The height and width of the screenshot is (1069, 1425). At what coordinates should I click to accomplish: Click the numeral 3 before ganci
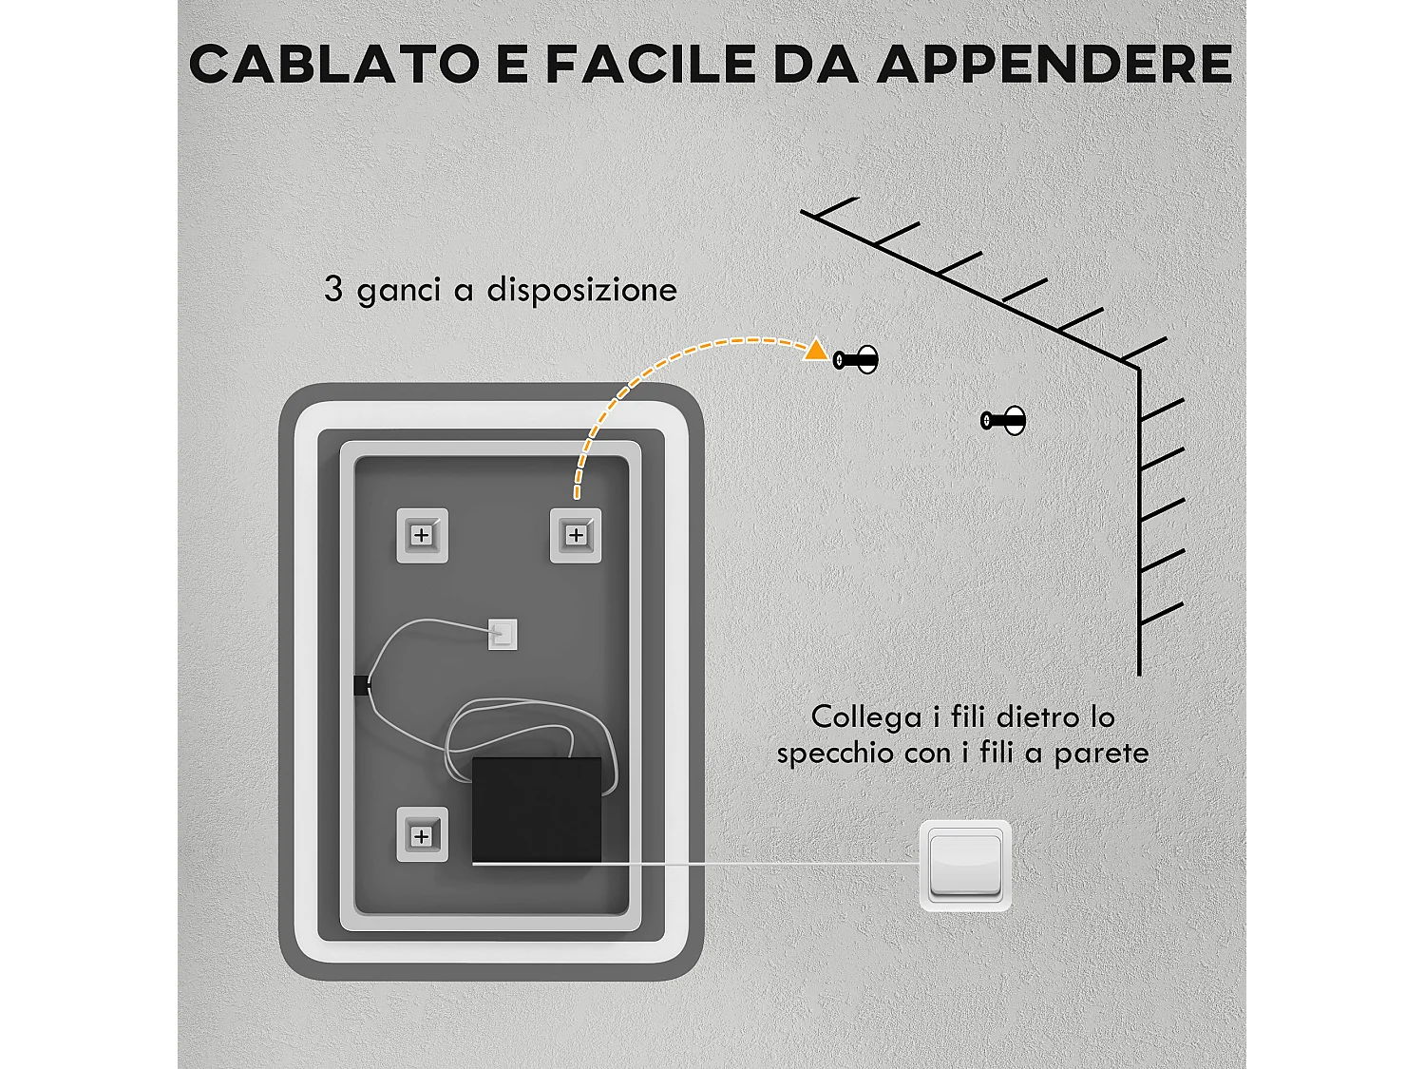tap(332, 289)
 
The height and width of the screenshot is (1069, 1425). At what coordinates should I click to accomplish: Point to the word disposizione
tap(581, 289)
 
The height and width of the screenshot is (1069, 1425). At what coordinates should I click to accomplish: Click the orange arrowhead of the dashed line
tap(815, 351)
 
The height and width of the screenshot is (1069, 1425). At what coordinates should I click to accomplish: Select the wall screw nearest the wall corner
tap(1003, 420)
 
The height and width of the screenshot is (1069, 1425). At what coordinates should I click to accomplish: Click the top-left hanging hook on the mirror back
tap(422, 536)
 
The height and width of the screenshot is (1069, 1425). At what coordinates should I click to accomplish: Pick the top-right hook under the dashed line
tap(576, 536)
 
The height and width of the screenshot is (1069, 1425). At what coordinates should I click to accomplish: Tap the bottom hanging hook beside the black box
tap(422, 835)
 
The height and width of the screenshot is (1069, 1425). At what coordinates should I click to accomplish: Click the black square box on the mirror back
tap(537, 810)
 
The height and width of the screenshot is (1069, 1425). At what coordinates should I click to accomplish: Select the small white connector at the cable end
tap(503, 634)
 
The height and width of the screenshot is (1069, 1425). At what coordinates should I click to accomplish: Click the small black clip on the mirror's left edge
tap(361, 685)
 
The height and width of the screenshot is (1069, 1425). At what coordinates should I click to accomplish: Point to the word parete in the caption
tap(1101, 754)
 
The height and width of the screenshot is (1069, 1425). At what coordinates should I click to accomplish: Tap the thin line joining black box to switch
tap(760, 864)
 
